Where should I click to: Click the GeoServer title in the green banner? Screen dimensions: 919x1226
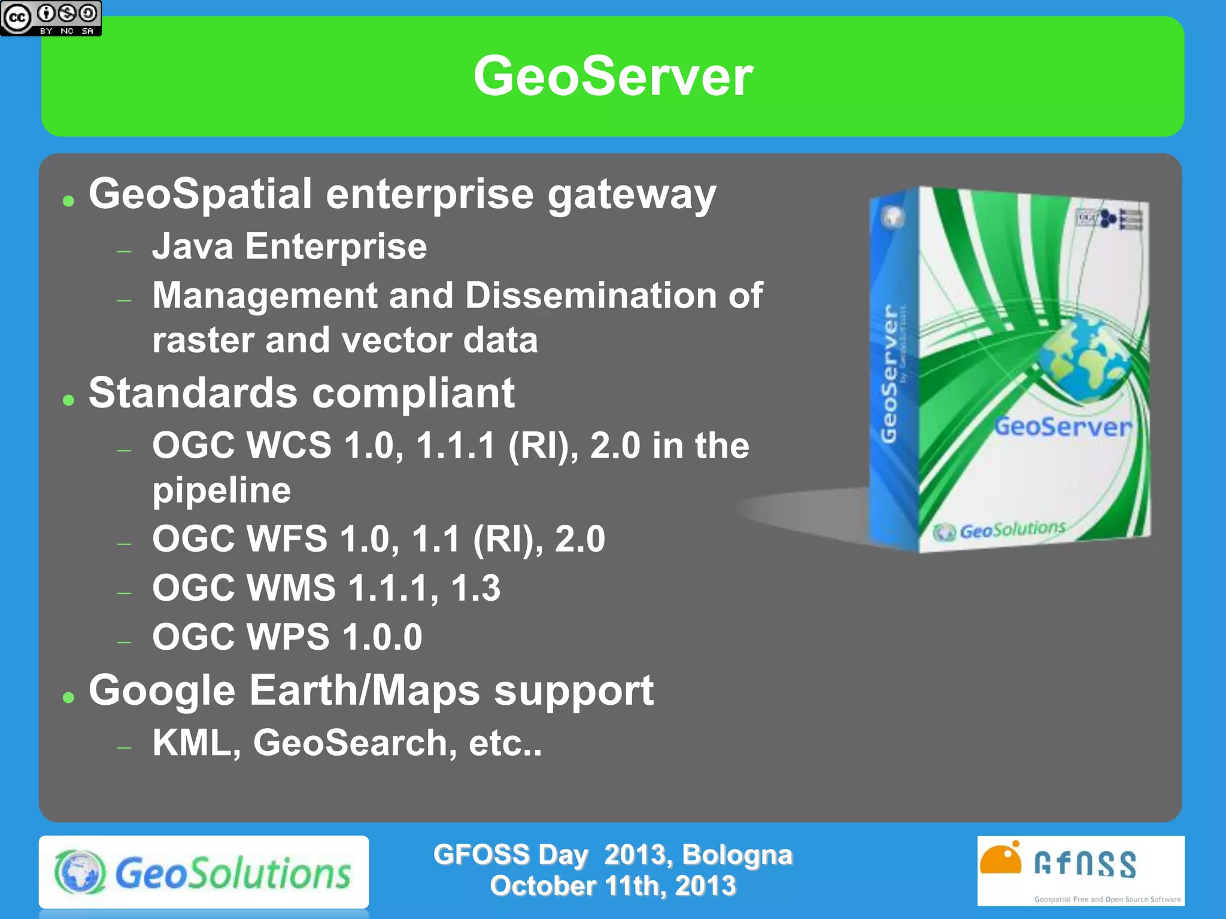tap(612, 76)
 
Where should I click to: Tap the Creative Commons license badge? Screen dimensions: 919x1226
tap(51, 18)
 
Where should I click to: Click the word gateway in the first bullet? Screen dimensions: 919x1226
tap(632, 196)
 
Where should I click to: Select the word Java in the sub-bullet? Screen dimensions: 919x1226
tap(192, 247)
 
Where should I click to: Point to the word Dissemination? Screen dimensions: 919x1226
tap(591, 296)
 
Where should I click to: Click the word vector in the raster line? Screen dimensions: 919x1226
tap(396, 340)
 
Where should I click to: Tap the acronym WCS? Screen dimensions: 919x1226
tap(289, 446)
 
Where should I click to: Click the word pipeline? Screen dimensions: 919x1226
tap(221, 491)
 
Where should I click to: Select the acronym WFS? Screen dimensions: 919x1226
tap(287, 539)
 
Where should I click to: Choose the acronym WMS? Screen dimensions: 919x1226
tap(292, 588)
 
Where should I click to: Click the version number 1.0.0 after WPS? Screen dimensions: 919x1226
tap(382, 637)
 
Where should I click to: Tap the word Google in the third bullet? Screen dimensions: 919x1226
tap(162, 691)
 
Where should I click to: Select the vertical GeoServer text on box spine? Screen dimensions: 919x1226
tap(890, 374)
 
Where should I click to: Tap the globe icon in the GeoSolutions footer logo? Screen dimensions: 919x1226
tap(80, 872)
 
